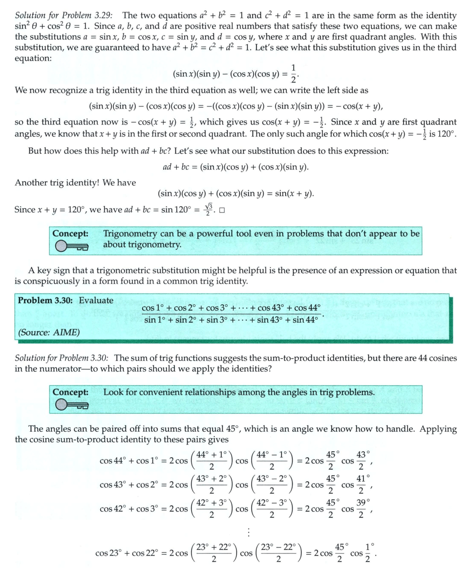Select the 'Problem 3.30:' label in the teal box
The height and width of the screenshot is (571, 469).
pos(46,300)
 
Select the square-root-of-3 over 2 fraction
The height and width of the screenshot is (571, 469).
pos(209,210)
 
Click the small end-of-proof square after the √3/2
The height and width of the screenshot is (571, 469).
pos(222,211)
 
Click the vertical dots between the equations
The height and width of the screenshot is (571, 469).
pos(249,532)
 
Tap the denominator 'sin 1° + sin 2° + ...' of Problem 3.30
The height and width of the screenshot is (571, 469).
pos(231,320)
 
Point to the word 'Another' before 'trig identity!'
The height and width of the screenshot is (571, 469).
pos(31,183)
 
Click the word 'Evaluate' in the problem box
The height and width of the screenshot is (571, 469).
pos(96,300)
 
